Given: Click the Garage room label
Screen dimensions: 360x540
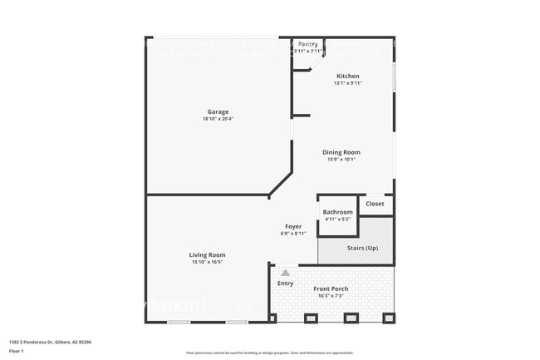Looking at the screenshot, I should tap(218, 111).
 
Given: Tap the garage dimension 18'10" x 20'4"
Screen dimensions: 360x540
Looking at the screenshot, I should tap(218, 119).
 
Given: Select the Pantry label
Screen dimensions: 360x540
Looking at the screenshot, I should tap(307, 44).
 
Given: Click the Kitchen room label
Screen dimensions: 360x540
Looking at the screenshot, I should tap(347, 76).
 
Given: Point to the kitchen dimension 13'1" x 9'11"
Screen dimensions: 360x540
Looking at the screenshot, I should tap(347, 83).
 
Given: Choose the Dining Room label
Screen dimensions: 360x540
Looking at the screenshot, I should tap(341, 152).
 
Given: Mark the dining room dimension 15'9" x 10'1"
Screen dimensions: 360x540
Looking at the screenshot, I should tap(341, 160).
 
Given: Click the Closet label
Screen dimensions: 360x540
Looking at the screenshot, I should tap(375, 203).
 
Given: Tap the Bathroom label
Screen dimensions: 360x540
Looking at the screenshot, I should tap(337, 212).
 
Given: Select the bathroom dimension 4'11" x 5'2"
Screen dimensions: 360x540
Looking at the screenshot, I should tap(337, 219).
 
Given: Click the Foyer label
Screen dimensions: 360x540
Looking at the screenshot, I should tap(293, 226).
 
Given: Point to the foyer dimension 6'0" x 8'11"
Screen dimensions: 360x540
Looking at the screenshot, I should tap(293, 234).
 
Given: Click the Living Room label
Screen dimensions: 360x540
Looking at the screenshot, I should tap(207, 254).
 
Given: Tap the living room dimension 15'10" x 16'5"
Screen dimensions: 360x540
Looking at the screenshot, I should tap(207, 262).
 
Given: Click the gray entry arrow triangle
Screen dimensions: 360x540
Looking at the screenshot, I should tap(285, 272).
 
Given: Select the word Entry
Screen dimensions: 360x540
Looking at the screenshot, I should tap(285, 284).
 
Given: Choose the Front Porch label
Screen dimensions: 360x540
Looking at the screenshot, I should tap(331, 288).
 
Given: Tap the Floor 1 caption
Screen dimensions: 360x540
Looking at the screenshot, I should tap(17, 352).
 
